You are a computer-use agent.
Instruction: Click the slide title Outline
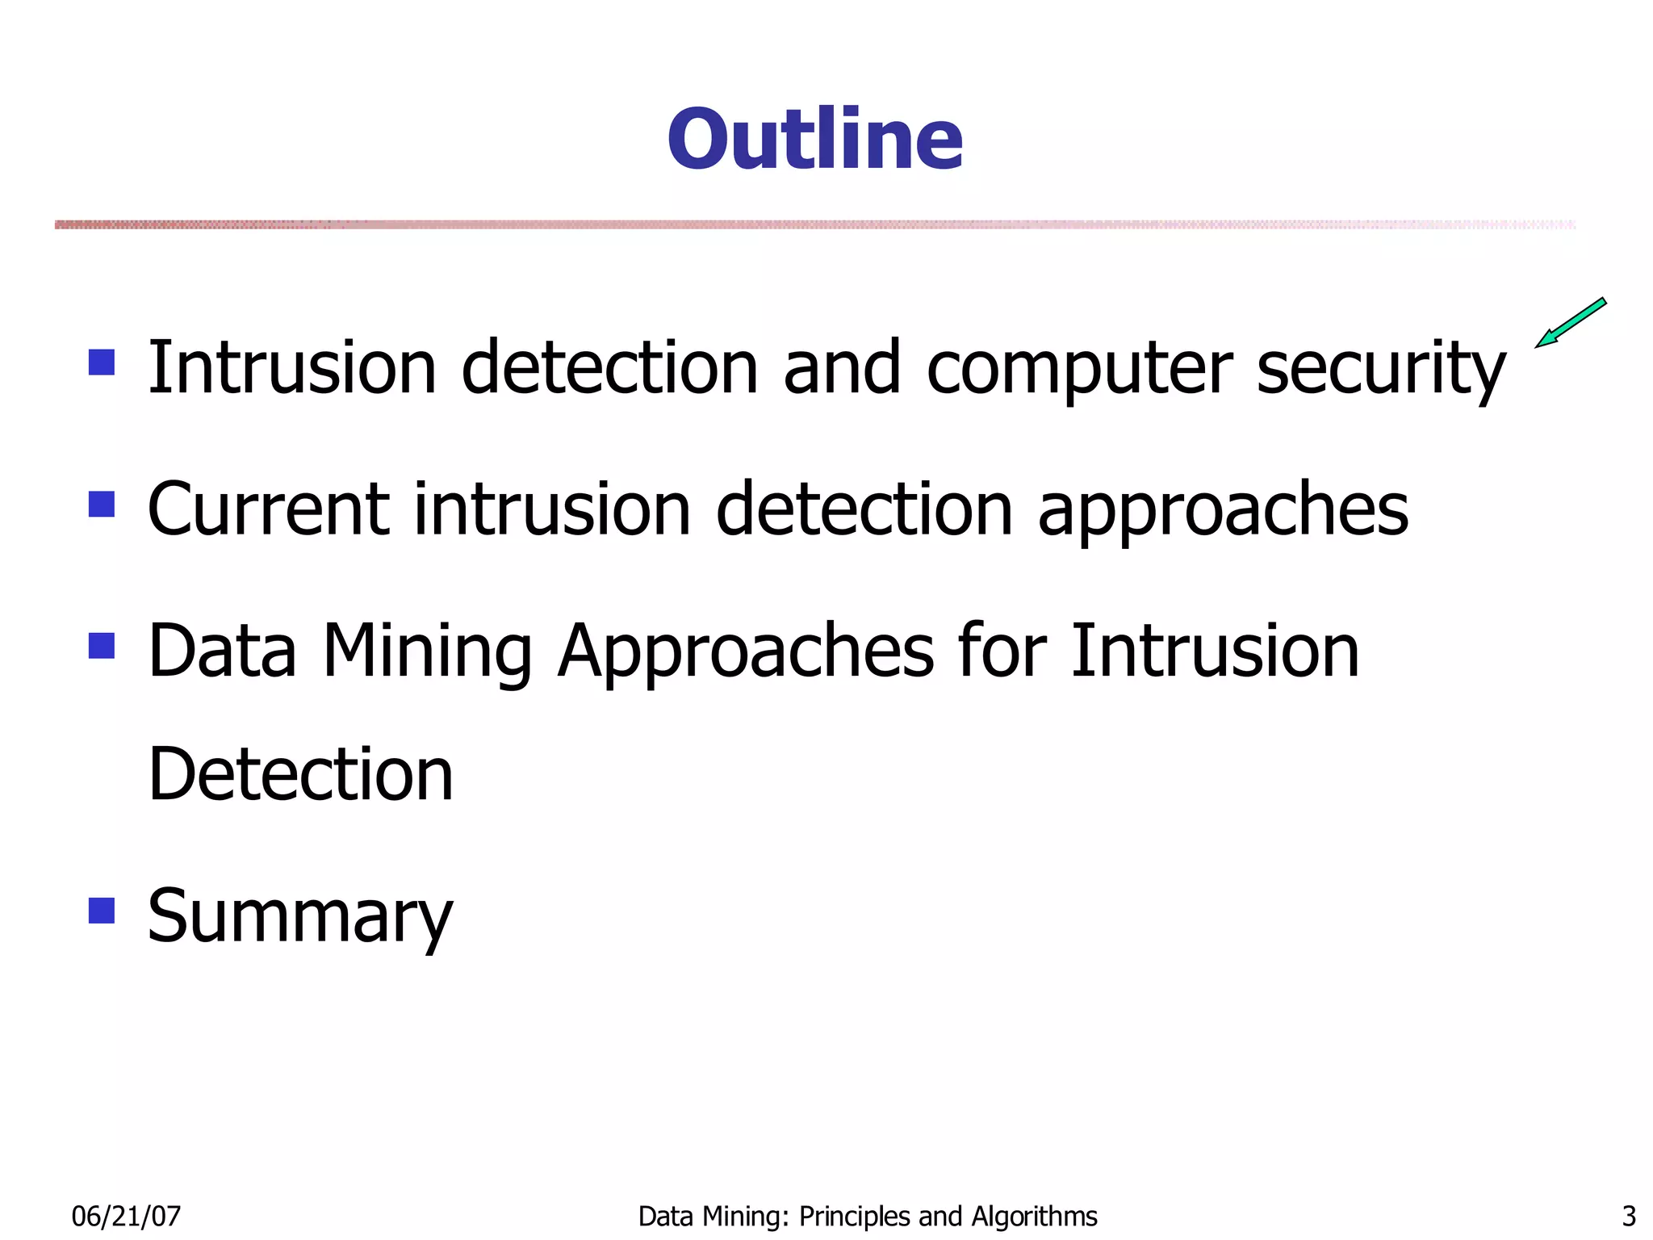(815, 140)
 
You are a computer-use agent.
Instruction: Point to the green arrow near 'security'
(1570, 323)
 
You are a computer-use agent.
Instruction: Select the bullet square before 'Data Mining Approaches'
(102, 645)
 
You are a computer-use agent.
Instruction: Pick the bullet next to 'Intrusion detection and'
(102, 362)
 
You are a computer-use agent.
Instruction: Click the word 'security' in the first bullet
(1381, 370)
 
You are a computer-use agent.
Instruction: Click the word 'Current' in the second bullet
(269, 510)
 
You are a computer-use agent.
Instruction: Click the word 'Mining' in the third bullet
(427, 652)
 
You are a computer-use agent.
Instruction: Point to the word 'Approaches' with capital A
(746, 652)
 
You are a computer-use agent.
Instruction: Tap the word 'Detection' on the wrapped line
(300, 775)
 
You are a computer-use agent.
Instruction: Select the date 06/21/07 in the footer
(126, 1216)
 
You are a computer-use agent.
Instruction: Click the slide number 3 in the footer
(1628, 1216)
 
